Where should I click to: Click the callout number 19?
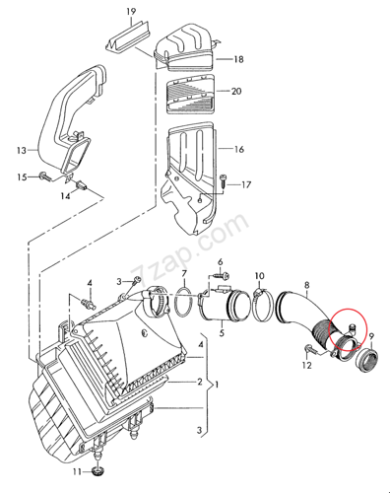pyautogui.click(x=131, y=12)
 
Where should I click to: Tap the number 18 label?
pyautogui.click(x=238, y=59)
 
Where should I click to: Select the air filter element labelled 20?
pyautogui.click(x=191, y=95)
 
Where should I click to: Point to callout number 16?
pyautogui.click(x=239, y=149)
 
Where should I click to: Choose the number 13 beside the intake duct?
pyautogui.click(x=22, y=151)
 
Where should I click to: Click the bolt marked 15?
pyautogui.click(x=44, y=176)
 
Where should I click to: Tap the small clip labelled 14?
pyautogui.click(x=81, y=186)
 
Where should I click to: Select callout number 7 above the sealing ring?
pyautogui.click(x=184, y=273)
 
